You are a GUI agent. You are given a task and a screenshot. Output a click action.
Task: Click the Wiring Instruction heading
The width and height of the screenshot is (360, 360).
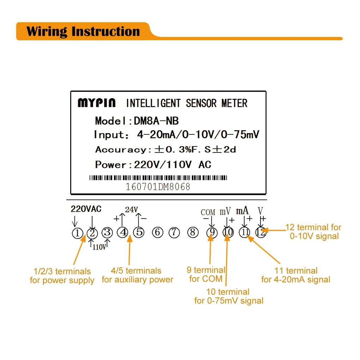(83, 31)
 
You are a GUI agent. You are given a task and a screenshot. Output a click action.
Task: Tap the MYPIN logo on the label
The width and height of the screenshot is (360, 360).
(96, 103)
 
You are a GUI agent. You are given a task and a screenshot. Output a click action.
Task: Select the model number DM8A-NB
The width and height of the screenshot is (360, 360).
(156, 121)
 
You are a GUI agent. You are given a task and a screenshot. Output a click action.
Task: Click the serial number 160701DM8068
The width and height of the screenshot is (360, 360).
(158, 187)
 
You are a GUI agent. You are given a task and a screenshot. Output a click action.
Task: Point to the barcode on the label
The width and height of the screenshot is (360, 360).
(158, 178)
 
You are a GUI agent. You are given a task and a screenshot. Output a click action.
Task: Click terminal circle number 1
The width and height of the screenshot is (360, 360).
(77, 233)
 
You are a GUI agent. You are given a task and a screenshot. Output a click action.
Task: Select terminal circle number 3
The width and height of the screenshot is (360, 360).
(107, 233)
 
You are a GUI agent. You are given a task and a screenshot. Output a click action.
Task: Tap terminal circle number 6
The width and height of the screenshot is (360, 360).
(157, 233)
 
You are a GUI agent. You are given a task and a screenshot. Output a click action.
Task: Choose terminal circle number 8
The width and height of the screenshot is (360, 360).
(192, 233)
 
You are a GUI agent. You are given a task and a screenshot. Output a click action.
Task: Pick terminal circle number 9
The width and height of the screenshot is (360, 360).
(212, 233)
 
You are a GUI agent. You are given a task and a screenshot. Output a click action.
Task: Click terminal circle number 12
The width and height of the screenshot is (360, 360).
(260, 233)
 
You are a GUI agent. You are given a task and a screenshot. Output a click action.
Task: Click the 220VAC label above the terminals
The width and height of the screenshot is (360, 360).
(86, 209)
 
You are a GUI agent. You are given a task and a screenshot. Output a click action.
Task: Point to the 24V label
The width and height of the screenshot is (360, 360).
(131, 210)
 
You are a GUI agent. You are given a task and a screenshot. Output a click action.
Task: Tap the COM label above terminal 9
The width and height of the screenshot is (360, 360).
(208, 212)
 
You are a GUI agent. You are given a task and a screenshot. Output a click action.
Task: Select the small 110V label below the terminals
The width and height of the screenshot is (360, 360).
(99, 247)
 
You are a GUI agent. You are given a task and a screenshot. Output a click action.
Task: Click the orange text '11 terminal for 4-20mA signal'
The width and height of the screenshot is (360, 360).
(296, 275)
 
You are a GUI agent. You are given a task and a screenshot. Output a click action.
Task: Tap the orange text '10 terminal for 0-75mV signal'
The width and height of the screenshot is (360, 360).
(229, 296)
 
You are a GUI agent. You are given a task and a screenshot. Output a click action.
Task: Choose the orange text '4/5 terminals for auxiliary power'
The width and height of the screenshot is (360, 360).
(137, 275)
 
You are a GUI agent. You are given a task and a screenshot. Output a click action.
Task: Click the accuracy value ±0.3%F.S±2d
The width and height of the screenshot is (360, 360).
(195, 150)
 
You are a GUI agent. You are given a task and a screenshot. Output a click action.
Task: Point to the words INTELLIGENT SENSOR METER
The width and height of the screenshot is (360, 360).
(187, 103)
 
